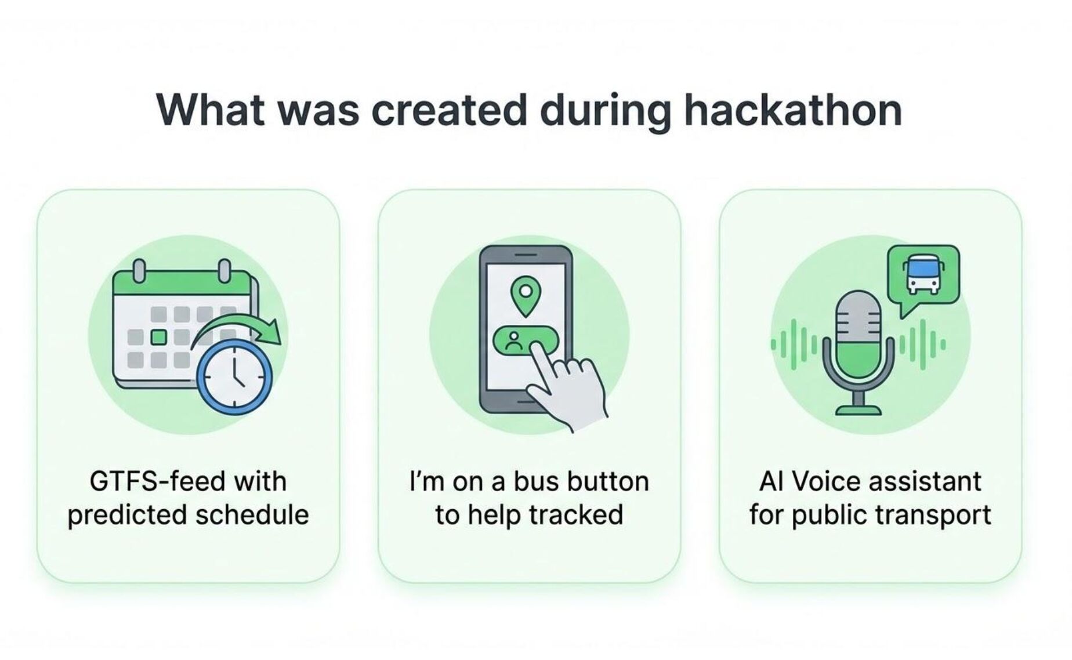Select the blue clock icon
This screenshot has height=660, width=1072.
(234, 377)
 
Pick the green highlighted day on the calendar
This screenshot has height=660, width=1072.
(159, 337)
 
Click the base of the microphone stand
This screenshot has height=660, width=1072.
(859, 409)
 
